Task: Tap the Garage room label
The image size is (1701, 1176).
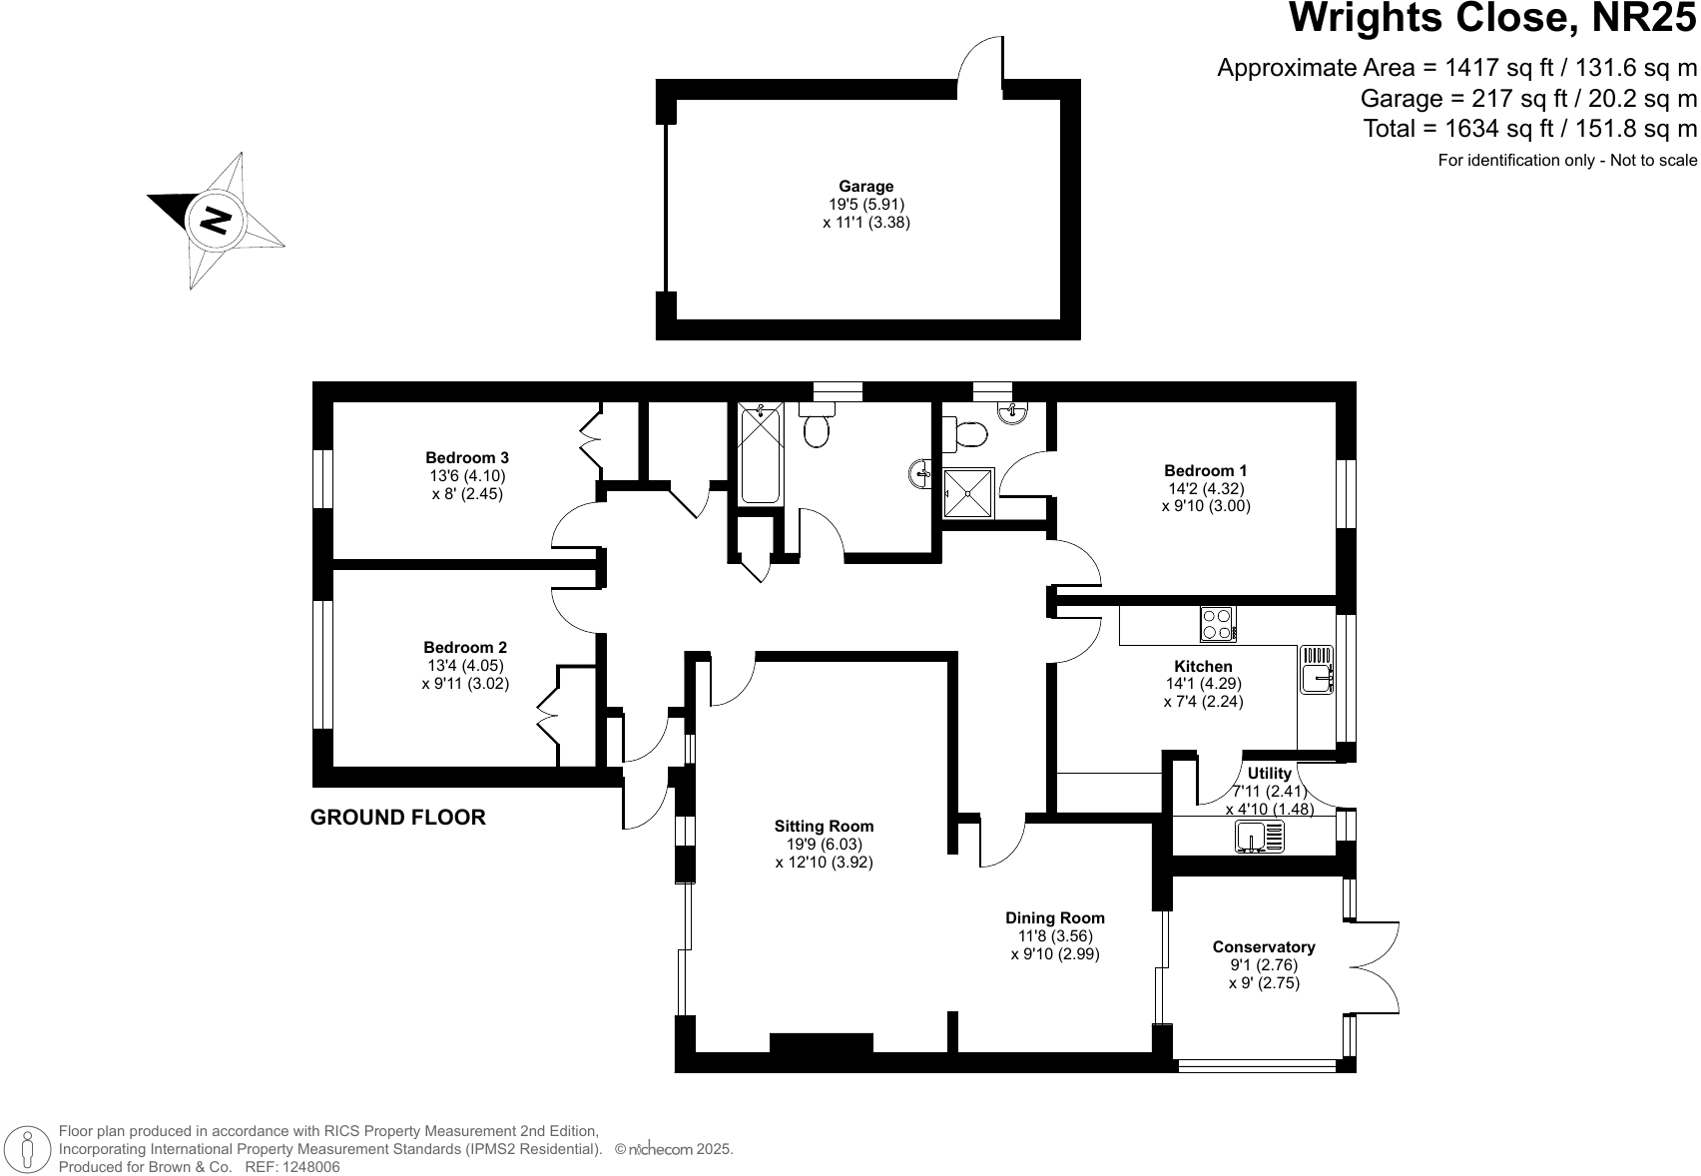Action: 865,186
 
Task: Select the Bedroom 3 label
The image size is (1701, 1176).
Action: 466,458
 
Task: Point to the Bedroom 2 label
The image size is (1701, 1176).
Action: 464,647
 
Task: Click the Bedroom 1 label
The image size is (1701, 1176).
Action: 1205,470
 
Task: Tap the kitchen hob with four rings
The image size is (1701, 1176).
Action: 1217,624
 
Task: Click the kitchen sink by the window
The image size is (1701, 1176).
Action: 1316,670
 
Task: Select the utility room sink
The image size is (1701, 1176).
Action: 1260,836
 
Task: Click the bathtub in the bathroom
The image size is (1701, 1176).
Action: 761,452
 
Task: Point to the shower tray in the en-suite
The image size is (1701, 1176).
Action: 968,492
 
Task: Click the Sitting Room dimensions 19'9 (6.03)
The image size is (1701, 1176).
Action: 824,844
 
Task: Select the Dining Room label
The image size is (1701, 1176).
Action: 1054,917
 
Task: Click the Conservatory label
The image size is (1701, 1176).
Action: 1263,946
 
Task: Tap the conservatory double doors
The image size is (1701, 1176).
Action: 1376,966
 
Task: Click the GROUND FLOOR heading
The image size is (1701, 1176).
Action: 397,818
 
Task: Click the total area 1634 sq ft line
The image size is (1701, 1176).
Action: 1529,129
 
